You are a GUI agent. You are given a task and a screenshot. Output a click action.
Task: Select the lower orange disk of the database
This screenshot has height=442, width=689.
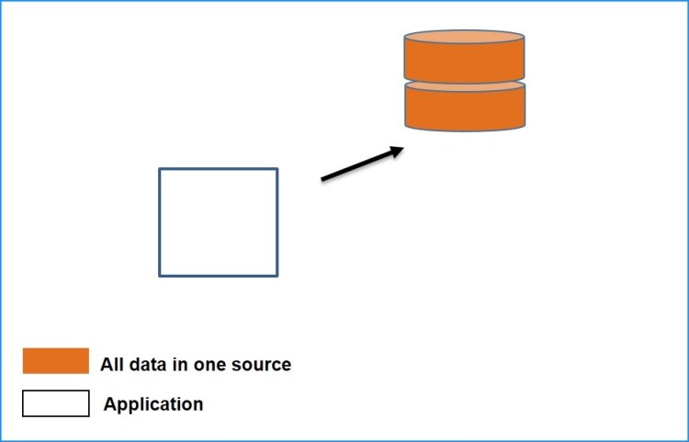[x=465, y=108]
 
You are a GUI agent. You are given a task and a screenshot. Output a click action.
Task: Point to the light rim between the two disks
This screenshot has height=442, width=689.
[x=465, y=84]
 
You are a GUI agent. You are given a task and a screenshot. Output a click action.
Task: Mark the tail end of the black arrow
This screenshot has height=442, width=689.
[x=323, y=179]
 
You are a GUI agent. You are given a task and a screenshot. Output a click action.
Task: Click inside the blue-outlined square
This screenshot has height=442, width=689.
[x=218, y=221]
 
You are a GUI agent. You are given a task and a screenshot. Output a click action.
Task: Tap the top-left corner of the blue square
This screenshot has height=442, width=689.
[x=160, y=169]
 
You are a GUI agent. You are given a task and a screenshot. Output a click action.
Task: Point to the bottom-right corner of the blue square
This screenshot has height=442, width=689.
[x=277, y=275]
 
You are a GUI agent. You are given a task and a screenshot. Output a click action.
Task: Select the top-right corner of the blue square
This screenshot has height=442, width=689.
[x=277, y=169]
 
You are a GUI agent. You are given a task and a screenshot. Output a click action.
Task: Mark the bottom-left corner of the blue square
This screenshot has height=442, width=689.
[x=160, y=275]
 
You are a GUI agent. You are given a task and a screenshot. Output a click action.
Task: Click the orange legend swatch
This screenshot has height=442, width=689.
[x=56, y=361]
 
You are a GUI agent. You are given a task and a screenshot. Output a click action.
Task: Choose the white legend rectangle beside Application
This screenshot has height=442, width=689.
[x=56, y=403]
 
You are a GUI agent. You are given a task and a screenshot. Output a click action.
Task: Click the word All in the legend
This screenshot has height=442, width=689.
[x=111, y=365]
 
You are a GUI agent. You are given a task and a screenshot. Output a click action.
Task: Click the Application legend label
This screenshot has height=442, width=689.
[x=153, y=404]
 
